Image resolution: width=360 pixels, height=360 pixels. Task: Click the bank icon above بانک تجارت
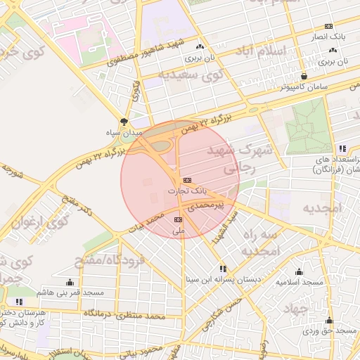click(187, 181)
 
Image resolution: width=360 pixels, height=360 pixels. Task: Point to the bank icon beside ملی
click(176, 220)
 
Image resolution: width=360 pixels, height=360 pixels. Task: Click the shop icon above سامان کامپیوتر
click(304, 76)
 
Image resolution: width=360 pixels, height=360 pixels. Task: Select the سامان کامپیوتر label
click(303, 88)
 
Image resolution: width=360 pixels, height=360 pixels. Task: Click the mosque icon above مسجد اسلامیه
click(300, 272)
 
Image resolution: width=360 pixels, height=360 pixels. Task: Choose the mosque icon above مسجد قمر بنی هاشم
click(69, 282)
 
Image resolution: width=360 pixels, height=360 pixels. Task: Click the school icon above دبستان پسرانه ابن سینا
click(223, 269)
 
